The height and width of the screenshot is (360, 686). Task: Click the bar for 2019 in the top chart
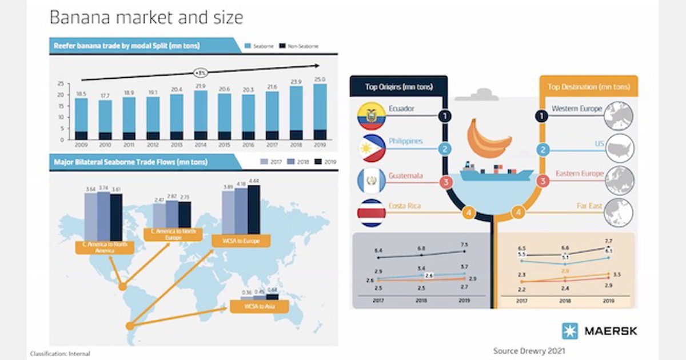pyautogui.click(x=320, y=111)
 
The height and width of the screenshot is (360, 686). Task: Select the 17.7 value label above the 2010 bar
pyautogui.click(x=105, y=96)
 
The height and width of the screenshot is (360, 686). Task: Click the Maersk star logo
pyautogui.click(x=569, y=331)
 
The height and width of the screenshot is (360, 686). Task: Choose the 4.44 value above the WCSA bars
pyautogui.click(x=254, y=181)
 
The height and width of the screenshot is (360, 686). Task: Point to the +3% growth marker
pyautogui.click(x=200, y=73)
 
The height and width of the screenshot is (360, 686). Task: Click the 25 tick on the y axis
pyautogui.click(x=61, y=83)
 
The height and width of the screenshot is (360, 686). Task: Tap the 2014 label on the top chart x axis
pyautogui.click(x=200, y=145)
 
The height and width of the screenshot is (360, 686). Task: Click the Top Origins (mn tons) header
pyautogui.click(x=398, y=87)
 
